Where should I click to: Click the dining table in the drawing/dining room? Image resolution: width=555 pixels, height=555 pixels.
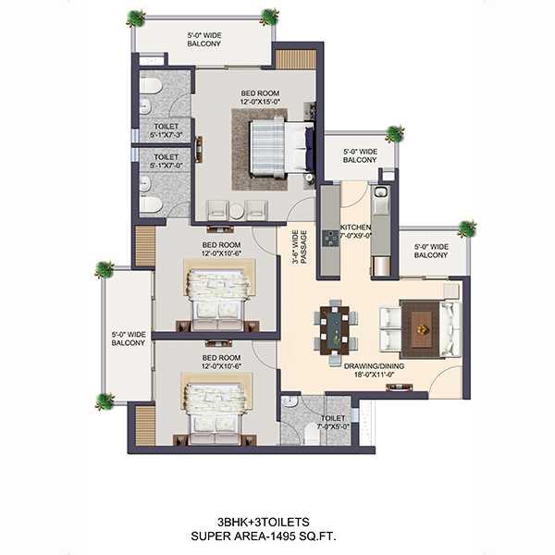coord(335,331)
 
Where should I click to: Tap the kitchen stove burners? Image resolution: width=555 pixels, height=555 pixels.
coord(330,239)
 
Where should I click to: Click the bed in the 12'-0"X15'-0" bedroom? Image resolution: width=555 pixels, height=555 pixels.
coord(282,147)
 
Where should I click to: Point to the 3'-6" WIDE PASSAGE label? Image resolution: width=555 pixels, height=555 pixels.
coord(299,247)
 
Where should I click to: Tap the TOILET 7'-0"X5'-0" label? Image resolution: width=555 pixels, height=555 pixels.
coord(333,423)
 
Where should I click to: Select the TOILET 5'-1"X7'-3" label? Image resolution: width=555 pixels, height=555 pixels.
coord(166,130)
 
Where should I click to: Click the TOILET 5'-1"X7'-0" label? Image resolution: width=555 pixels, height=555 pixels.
coord(166,161)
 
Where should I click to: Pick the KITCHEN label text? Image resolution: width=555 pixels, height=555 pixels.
coord(355,228)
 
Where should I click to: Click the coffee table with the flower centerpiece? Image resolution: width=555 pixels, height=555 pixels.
coord(421,329)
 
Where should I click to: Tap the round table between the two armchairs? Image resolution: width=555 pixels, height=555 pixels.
coord(236,211)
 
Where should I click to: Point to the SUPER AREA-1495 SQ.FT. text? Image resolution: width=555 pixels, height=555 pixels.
coord(264,536)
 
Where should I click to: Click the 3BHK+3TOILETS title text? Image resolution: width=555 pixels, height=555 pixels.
coord(264,522)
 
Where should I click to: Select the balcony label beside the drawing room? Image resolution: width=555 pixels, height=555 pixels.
coord(431,251)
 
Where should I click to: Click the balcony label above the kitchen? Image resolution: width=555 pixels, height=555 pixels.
coord(360,155)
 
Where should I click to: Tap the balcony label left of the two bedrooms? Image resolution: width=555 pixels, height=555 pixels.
coord(129,339)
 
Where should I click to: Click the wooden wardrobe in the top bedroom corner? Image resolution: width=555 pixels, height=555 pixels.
coord(296,59)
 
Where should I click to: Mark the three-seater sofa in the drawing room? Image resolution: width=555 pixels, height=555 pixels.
coord(450,329)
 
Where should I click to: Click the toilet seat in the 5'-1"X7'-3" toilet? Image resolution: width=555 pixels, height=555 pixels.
coord(151,86)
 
